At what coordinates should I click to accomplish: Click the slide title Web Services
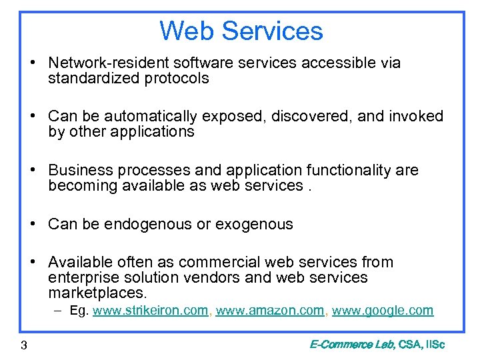241,31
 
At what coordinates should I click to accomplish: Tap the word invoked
415,117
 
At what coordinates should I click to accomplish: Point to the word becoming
83,185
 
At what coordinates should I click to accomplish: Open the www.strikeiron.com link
150,311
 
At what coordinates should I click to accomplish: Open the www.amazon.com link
270,311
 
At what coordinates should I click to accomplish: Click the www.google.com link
383,311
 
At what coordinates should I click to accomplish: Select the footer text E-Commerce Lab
351,345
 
